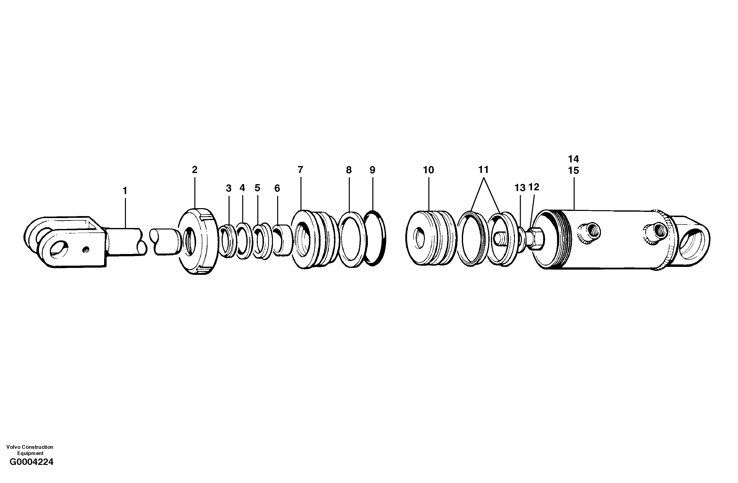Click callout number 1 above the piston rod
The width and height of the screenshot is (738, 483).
(x=125, y=191)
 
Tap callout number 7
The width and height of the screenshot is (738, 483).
(x=300, y=170)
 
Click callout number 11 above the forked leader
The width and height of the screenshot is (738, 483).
(x=483, y=170)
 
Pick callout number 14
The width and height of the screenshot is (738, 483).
(x=573, y=159)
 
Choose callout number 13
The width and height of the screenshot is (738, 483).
(x=520, y=188)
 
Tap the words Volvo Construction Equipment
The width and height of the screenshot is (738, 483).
(x=30, y=450)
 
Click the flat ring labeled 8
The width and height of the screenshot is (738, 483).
(x=351, y=239)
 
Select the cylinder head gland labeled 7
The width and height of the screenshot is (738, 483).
(x=313, y=239)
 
